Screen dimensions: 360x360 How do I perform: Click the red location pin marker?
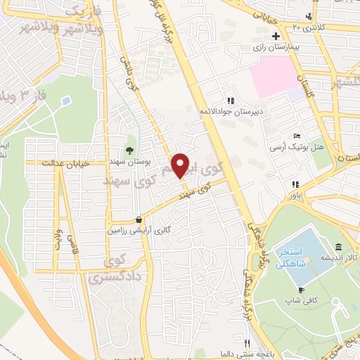181,165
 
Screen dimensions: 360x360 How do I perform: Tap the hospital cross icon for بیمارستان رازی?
276,36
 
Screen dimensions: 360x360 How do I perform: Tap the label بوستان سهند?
128,161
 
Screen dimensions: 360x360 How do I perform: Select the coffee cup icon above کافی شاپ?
301,290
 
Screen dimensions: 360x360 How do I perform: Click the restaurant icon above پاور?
295,185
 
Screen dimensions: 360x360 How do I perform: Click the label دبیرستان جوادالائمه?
231,112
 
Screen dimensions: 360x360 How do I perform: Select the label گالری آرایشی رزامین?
139,230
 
